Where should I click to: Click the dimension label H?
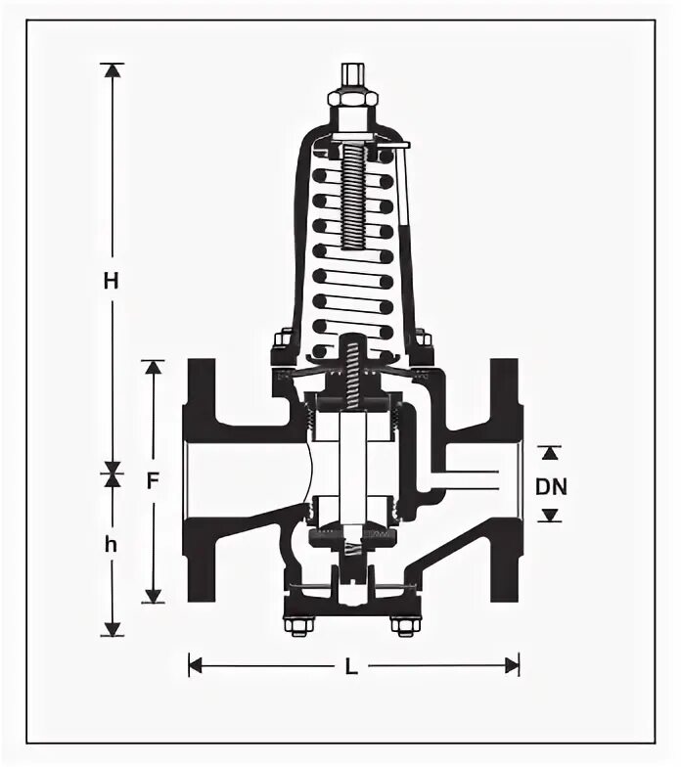[112, 281]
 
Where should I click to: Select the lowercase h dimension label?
[112, 546]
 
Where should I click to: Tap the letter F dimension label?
[152, 481]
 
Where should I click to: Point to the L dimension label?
[351, 666]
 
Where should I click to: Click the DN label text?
[551, 485]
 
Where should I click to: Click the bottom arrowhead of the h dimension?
[113, 627]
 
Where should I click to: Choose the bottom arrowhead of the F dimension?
[153, 594]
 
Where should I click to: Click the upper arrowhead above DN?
[551, 453]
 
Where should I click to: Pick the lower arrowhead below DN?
[551, 515]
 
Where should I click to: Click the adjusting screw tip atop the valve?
[353, 74]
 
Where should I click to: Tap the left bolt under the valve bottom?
[295, 625]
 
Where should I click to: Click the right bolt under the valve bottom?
[402, 625]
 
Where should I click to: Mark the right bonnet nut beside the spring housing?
[423, 339]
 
